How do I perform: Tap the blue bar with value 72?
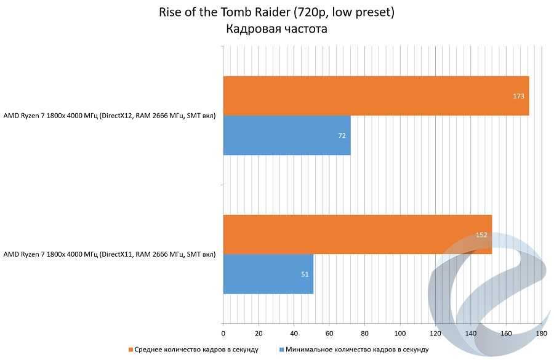286,135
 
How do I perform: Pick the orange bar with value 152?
357,234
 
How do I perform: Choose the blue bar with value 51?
268,274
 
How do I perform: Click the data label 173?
518,96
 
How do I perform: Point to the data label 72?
342,135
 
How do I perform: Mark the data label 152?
481,234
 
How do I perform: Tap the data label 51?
305,274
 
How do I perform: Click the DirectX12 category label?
110,116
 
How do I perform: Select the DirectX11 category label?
110,254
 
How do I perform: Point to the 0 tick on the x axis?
223,334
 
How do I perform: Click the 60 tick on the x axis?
329,334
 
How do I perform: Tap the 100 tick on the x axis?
400,334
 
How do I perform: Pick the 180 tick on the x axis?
542,334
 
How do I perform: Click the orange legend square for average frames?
130,350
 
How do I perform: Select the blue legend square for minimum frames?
281,350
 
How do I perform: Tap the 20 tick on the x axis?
259,334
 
